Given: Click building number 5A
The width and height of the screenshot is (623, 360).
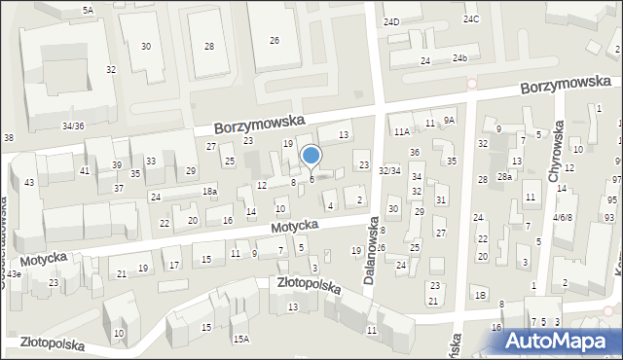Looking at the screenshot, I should click(x=88, y=10).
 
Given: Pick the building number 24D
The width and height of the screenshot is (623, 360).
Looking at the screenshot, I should click(x=391, y=21).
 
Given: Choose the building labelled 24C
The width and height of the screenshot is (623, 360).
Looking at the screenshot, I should click(x=471, y=19).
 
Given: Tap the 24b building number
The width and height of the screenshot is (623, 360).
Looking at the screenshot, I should click(x=458, y=59).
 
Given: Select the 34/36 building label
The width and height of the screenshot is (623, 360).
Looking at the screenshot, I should click(x=73, y=126).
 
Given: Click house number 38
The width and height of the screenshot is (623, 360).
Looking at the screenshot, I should click(x=9, y=138).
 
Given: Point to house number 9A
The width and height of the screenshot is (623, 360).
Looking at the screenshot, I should click(x=449, y=120).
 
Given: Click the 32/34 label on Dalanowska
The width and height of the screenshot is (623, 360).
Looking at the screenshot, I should click(x=389, y=170).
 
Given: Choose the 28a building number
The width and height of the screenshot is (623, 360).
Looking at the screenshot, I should click(x=504, y=176).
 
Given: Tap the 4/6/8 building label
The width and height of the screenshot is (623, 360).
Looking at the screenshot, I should click(x=562, y=217).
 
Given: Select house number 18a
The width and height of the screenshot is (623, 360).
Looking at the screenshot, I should click(x=209, y=192).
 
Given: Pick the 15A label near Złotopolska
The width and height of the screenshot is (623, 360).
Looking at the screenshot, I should click(x=240, y=339).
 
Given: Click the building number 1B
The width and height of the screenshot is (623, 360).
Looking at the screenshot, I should click(x=480, y=295).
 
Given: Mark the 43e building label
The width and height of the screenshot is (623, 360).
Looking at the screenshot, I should click(x=13, y=274).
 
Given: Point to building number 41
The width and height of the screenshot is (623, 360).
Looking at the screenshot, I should click(x=85, y=170).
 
